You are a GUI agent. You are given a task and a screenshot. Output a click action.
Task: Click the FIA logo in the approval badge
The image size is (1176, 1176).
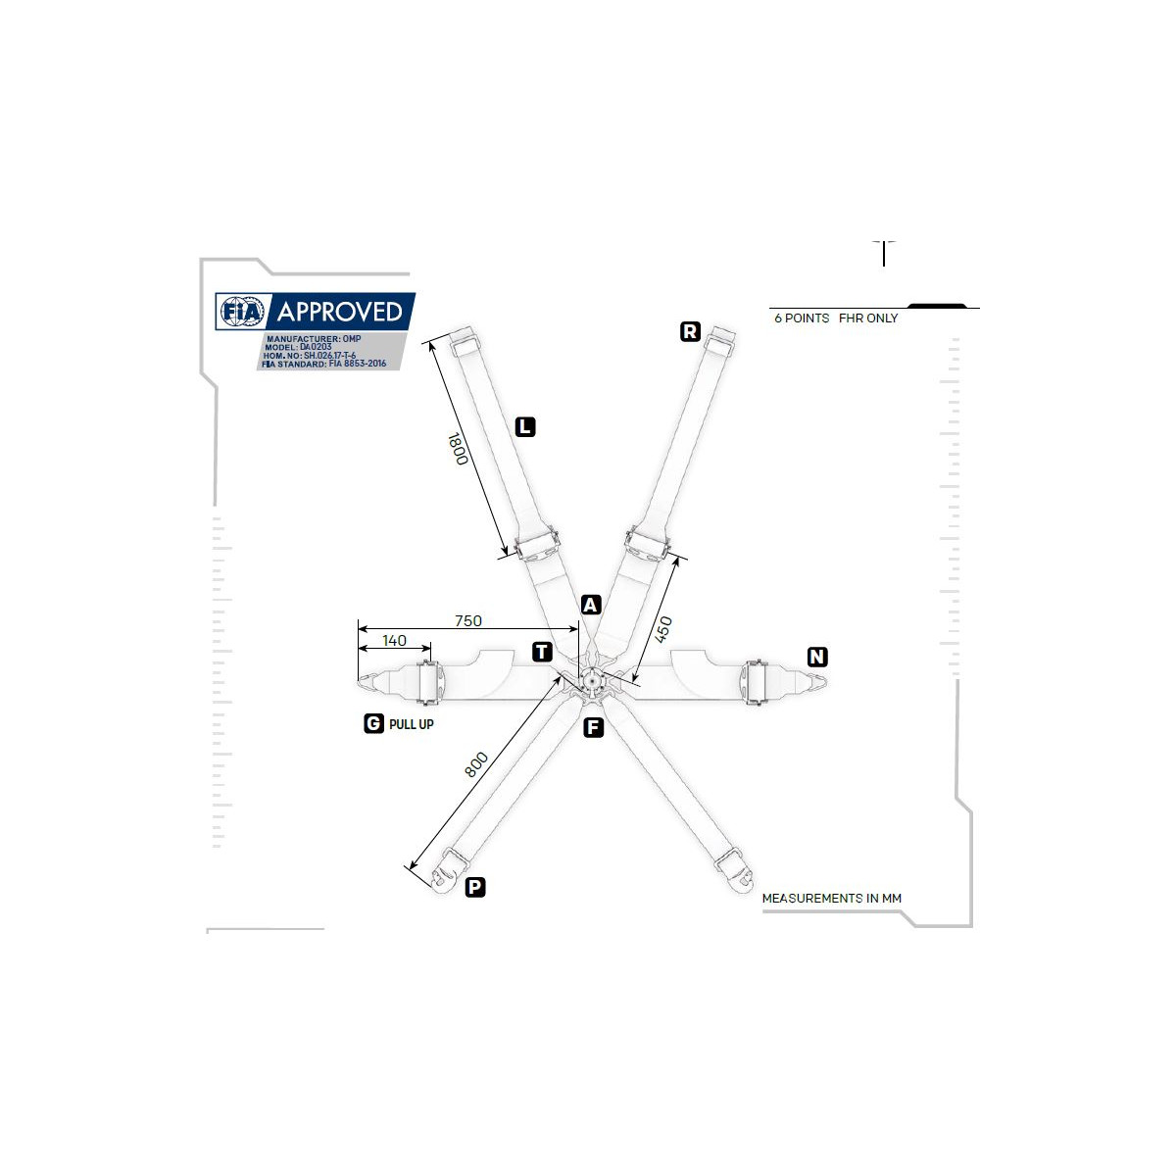[243, 312]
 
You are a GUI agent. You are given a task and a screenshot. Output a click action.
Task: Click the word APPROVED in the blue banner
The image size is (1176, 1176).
[340, 312]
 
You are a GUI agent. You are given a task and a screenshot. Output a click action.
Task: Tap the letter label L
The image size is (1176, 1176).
[525, 426]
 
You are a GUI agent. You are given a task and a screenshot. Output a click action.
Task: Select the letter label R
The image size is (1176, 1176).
[690, 331]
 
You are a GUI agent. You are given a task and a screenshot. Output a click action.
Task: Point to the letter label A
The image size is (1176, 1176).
[591, 605]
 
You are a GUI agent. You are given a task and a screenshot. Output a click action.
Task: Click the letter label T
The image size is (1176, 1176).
[542, 652]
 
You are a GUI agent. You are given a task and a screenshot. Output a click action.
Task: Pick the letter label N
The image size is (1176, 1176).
[817, 657]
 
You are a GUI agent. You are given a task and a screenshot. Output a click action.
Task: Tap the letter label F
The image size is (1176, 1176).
[593, 727]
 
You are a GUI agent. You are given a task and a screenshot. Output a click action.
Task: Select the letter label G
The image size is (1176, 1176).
[373, 723]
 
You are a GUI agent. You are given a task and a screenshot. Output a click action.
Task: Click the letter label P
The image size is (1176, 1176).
[475, 887]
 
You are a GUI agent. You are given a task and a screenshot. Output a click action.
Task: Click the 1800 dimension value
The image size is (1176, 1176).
[458, 449]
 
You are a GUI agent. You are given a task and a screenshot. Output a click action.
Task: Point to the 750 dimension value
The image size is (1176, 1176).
[468, 620]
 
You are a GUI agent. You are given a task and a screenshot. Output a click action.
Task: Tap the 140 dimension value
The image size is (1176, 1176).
[394, 640]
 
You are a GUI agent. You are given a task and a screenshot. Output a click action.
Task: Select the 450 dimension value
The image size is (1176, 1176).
[663, 629]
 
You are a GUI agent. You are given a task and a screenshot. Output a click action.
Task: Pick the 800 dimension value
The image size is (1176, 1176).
[476, 764]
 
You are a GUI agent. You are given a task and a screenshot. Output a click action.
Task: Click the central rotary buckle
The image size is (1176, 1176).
[591, 678]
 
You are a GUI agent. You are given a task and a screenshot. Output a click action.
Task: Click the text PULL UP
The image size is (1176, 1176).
[412, 724]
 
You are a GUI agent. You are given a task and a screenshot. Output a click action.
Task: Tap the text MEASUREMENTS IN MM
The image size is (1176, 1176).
[832, 899]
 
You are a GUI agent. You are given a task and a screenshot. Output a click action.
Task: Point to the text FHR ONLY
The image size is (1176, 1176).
[868, 318]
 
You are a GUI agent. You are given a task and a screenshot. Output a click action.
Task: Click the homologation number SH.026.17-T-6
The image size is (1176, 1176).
[329, 355]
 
